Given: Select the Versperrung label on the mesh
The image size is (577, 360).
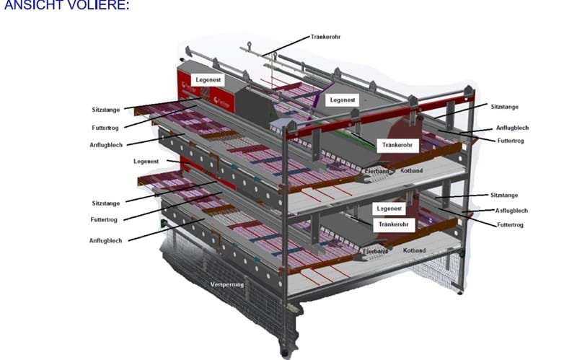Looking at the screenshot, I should pyautogui.click(x=228, y=284).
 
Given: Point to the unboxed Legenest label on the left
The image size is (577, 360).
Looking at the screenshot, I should pyautogui.click(x=146, y=160).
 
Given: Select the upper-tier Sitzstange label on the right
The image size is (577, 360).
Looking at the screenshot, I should pyautogui.click(x=505, y=106).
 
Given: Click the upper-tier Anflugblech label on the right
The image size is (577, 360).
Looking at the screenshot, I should pyautogui.click(x=511, y=128).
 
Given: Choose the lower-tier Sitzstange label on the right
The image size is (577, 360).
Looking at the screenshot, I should pyautogui.click(x=504, y=196).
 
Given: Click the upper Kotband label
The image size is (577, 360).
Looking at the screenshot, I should pyautogui.click(x=413, y=170).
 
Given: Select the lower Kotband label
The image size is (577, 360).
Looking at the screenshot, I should pyautogui.click(x=414, y=250).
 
